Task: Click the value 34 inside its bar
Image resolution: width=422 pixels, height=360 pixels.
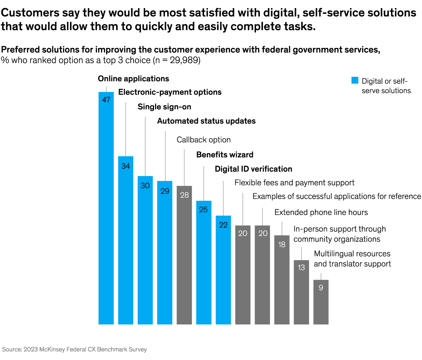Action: [x=126, y=166]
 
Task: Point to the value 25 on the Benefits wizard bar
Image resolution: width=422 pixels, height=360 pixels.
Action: [x=203, y=210]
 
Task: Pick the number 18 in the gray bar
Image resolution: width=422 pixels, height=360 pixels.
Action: [x=282, y=245]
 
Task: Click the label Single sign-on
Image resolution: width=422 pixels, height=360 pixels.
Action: [x=164, y=107]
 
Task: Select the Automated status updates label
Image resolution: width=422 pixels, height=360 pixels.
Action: [x=206, y=121]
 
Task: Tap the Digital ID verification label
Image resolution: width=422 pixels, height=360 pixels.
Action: [x=253, y=169]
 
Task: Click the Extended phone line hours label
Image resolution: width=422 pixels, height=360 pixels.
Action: [x=321, y=213]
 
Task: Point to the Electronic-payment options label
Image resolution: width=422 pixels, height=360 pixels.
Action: [x=170, y=92]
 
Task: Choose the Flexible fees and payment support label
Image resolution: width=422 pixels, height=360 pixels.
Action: [x=294, y=183]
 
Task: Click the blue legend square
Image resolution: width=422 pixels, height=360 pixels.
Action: [x=355, y=81]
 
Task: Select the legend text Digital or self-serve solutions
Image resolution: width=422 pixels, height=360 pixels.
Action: [x=386, y=86]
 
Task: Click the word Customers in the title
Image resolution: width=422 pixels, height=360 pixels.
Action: [x=30, y=13]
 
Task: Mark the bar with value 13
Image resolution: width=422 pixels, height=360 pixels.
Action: [x=301, y=292]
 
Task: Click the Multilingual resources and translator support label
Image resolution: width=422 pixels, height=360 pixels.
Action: [x=352, y=259]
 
